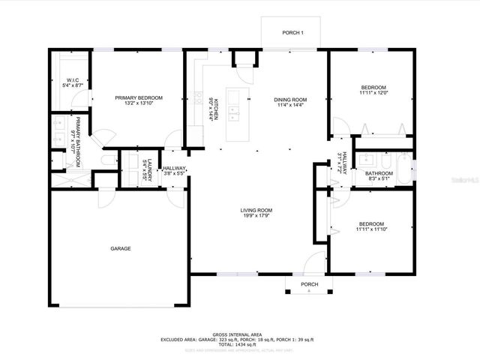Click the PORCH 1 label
click(x=292, y=33)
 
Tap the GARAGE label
click(x=121, y=248)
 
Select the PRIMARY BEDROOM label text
click(x=139, y=97)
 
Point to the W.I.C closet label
click(x=73, y=80)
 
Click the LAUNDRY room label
click(x=150, y=172)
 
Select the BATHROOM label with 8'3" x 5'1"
click(x=379, y=173)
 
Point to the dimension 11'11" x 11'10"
click(x=372, y=229)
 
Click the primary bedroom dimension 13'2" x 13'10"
click(x=139, y=103)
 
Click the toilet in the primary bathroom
click(x=107, y=160)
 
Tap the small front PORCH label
click(x=309, y=284)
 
